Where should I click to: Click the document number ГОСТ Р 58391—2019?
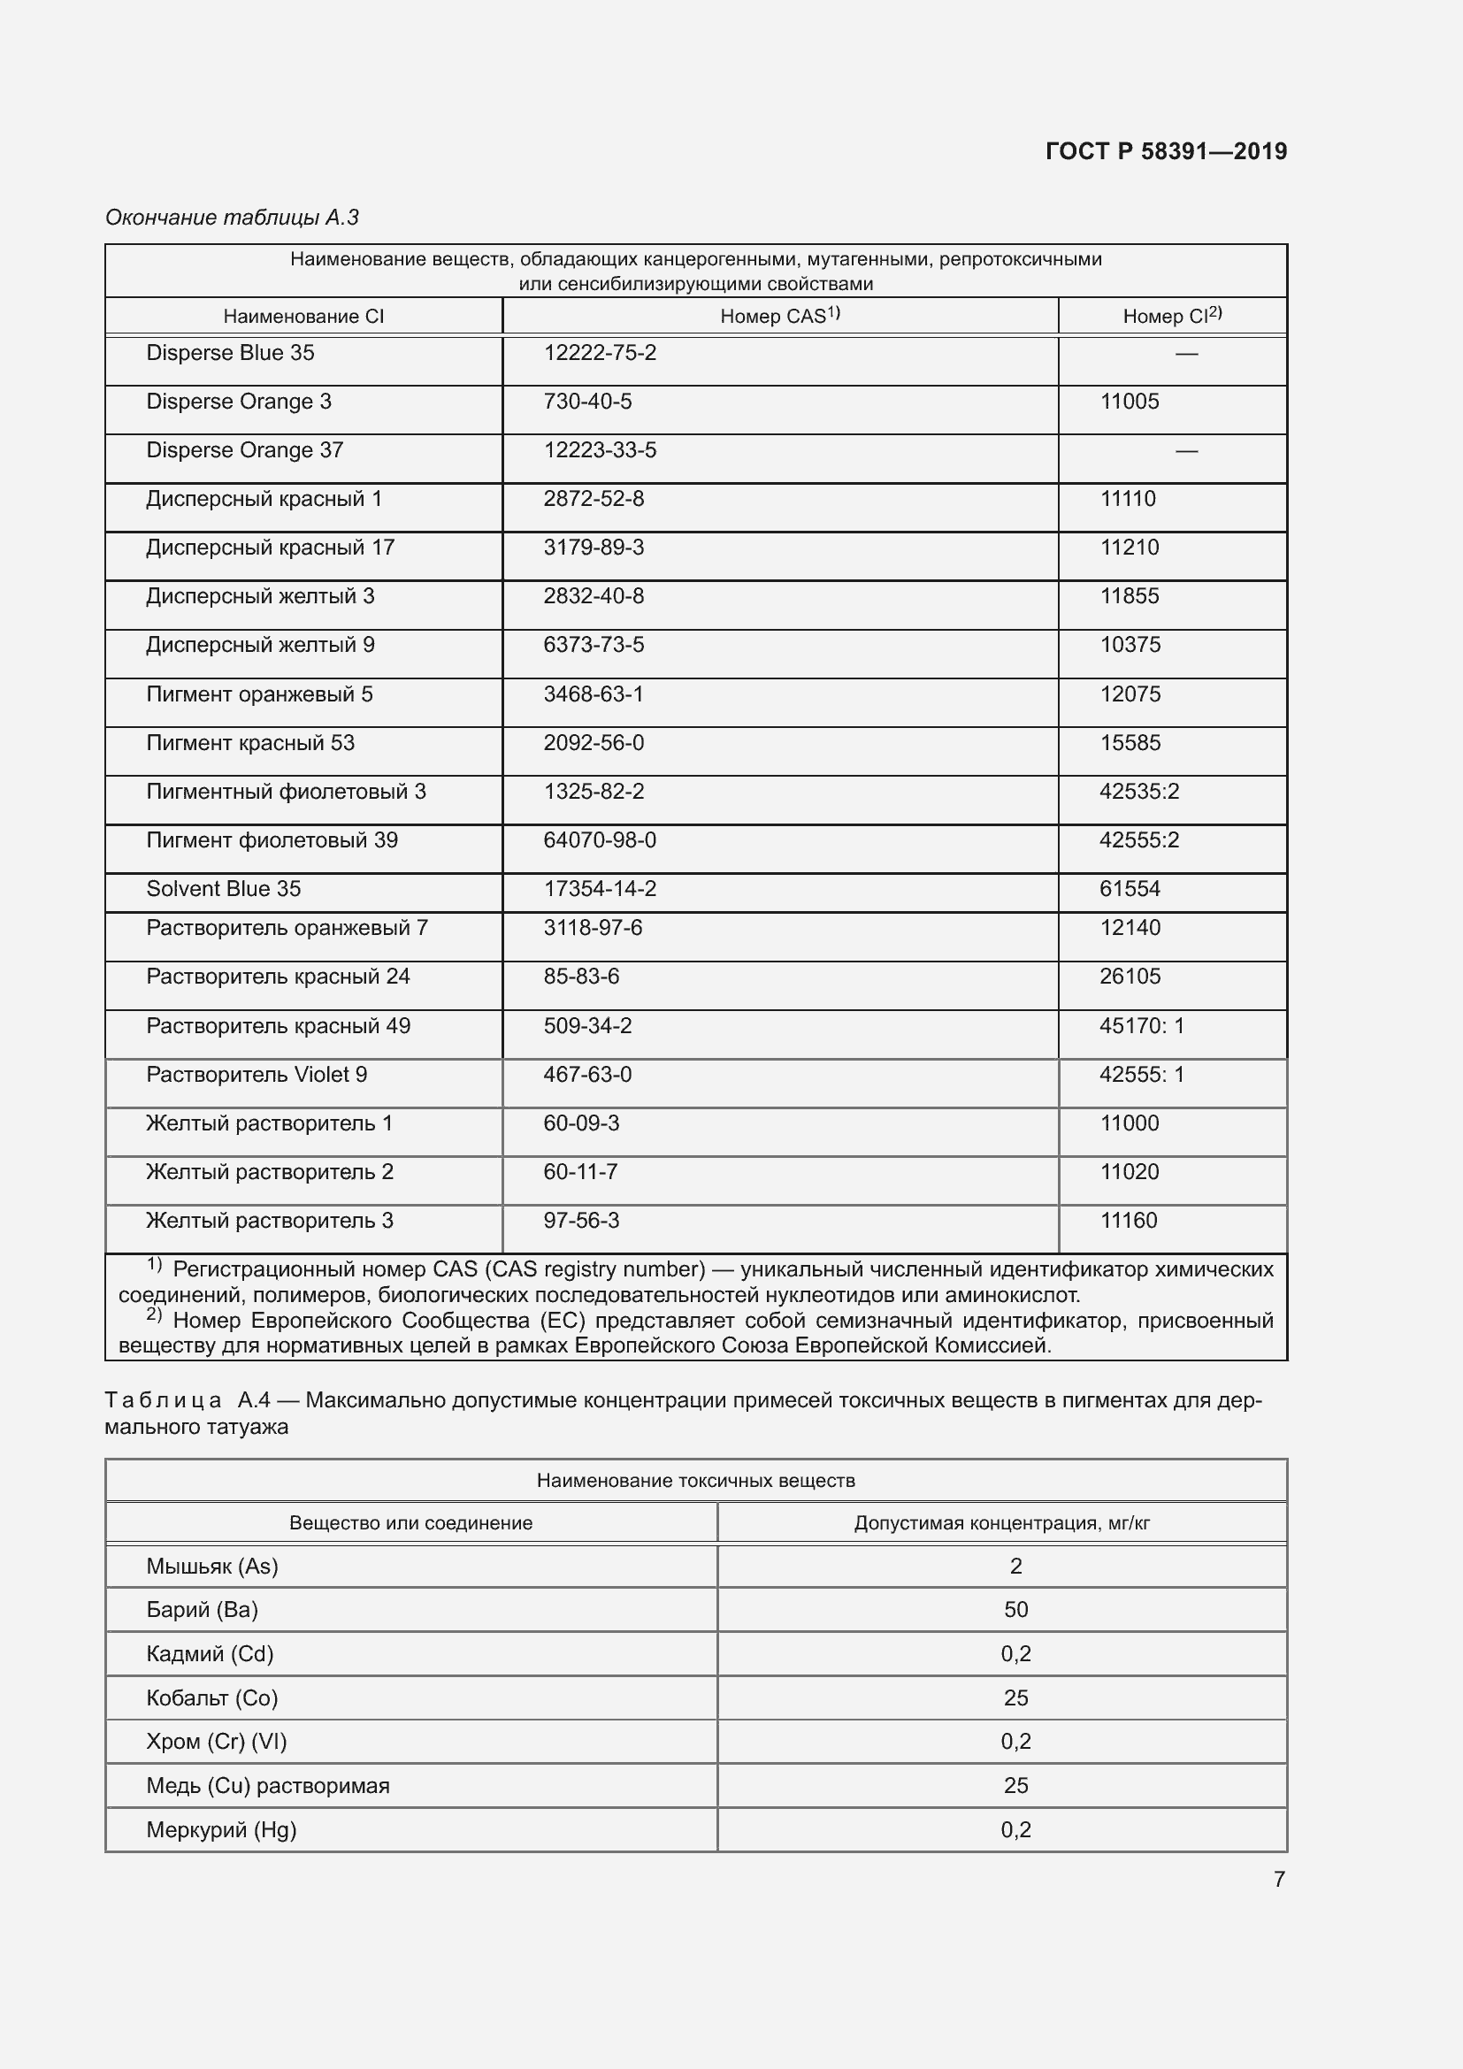pyautogui.click(x=1166, y=151)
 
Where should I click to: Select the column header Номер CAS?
pyautogui.click(x=779, y=317)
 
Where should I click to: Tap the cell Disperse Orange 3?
pyautogui.click(x=239, y=402)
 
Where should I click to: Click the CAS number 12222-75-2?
pyautogui.click(x=599, y=353)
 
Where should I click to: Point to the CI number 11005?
pyautogui.click(x=1129, y=402)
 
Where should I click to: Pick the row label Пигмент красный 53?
pyautogui.click(x=250, y=743)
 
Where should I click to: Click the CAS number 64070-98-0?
pyautogui.click(x=599, y=840)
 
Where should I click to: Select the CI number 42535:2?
pyautogui.click(x=1138, y=792)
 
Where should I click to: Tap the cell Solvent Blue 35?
pyautogui.click(x=224, y=889)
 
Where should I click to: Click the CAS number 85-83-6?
pyautogui.click(x=581, y=977)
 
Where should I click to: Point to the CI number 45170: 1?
pyautogui.click(x=1141, y=1026)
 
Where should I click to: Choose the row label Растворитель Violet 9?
pyautogui.click(x=257, y=1075)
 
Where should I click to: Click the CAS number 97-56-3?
pyautogui.click(x=581, y=1221)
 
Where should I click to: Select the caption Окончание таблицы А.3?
pyautogui.click(x=233, y=218)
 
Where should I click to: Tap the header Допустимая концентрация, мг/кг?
pyautogui.click(x=1001, y=1523)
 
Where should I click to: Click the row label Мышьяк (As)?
pyautogui.click(x=212, y=1567)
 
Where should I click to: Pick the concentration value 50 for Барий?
pyautogui.click(x=1015, y=1609)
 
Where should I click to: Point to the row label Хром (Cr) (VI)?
pyautogui.click(x=216, y=1741)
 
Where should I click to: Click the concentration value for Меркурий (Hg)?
pyautogui.click(x=1015, y=1829)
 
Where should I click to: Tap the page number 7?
pyautogui.click(x=1278, y=1879)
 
